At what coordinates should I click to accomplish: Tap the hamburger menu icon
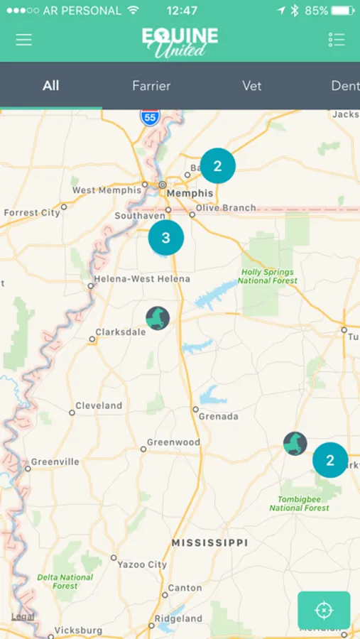click(24, 40)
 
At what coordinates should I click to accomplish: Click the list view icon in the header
click(336, 40)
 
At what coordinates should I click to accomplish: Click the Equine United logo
click(180, 41)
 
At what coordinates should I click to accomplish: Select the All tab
click(50, 86)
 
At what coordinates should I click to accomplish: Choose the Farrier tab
click(151, 86)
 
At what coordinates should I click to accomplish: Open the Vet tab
click(251, 86)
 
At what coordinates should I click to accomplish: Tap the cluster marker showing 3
click(165, 238)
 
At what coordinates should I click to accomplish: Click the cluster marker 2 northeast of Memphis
click(217, 166)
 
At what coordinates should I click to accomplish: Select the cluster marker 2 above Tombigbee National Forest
click(330, 461)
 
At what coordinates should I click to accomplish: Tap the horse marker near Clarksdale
click(158, 318)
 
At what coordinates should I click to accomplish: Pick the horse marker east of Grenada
click(295, 444)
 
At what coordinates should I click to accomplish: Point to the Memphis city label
click(189, 193)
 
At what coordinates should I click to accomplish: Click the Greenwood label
click(173, 442)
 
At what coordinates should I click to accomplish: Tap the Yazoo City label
click(142, 564)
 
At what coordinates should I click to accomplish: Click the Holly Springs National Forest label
click(268, 276)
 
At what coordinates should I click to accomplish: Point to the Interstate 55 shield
click(149, 117)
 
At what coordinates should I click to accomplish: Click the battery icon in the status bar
click(342, 11)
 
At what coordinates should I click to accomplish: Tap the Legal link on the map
click(22, 617)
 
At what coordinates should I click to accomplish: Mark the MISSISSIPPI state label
click(209, 542)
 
